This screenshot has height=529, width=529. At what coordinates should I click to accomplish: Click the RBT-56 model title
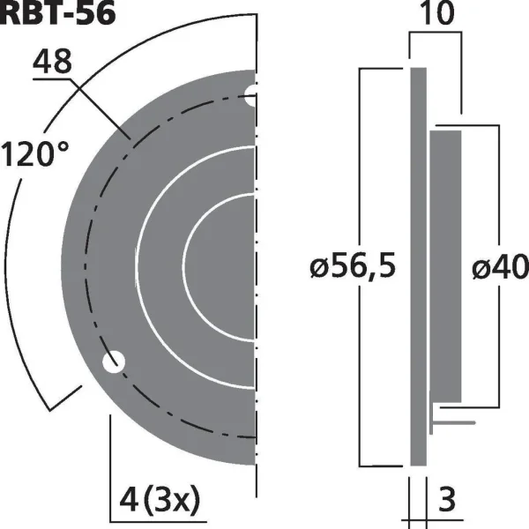click(x=57, y=13)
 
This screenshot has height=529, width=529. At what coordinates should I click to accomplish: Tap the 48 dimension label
click(x=52, y=62)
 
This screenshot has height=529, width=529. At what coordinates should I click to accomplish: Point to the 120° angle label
click(x=35, y=154)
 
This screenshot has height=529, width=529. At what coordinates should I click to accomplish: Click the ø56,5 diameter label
click(x=353, y=266)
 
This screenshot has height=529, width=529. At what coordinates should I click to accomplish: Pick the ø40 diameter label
click(x=500, y=266)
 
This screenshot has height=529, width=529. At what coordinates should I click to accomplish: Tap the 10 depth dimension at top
click(x=438, y=13)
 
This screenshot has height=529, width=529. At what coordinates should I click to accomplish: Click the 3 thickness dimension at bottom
click(x=446, y=499)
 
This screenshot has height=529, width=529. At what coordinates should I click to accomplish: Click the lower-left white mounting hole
click(x=114, y=361)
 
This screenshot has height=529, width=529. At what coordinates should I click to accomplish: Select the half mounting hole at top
click(x=250, y=96)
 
